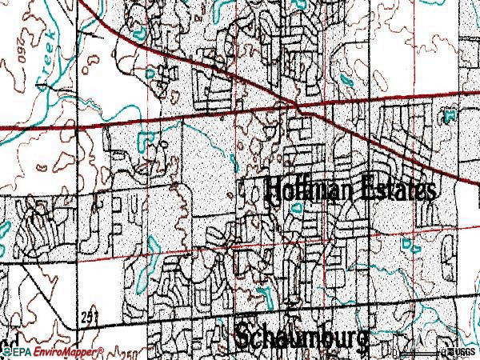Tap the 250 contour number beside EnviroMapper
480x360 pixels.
pos(128,353)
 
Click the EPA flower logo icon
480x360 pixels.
pos(6,351)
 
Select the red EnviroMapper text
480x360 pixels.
pos(64,352)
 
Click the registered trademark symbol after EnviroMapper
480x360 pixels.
pos(102,350)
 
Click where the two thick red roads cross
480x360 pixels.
pos(298,106)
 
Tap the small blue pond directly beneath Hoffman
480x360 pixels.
pos(297,207)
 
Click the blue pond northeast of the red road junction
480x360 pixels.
pos(345,80)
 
